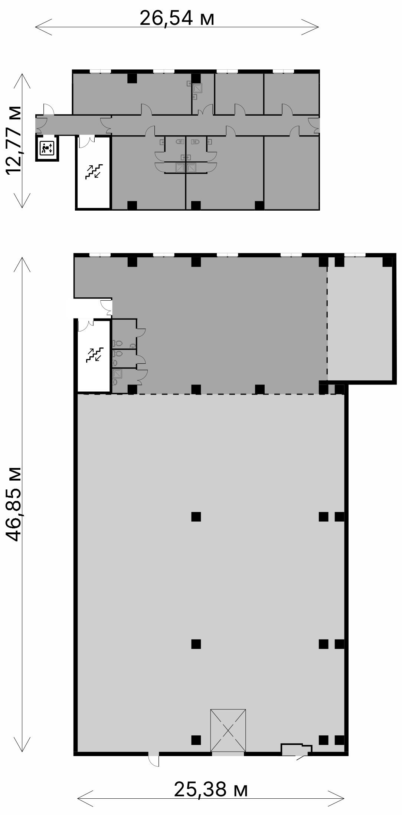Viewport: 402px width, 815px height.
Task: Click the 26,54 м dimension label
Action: click(177, 18)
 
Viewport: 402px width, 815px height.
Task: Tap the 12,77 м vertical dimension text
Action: click(13, 140)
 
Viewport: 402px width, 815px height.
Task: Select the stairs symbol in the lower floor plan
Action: click(94, 355)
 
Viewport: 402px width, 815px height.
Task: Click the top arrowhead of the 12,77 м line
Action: click(22, 82)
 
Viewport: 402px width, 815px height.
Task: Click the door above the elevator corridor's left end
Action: click(49, 109)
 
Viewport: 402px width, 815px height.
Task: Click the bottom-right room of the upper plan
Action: click(291, 172)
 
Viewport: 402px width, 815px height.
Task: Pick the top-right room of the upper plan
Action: click(291, 94)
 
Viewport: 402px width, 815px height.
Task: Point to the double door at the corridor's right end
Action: click(314, 125)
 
